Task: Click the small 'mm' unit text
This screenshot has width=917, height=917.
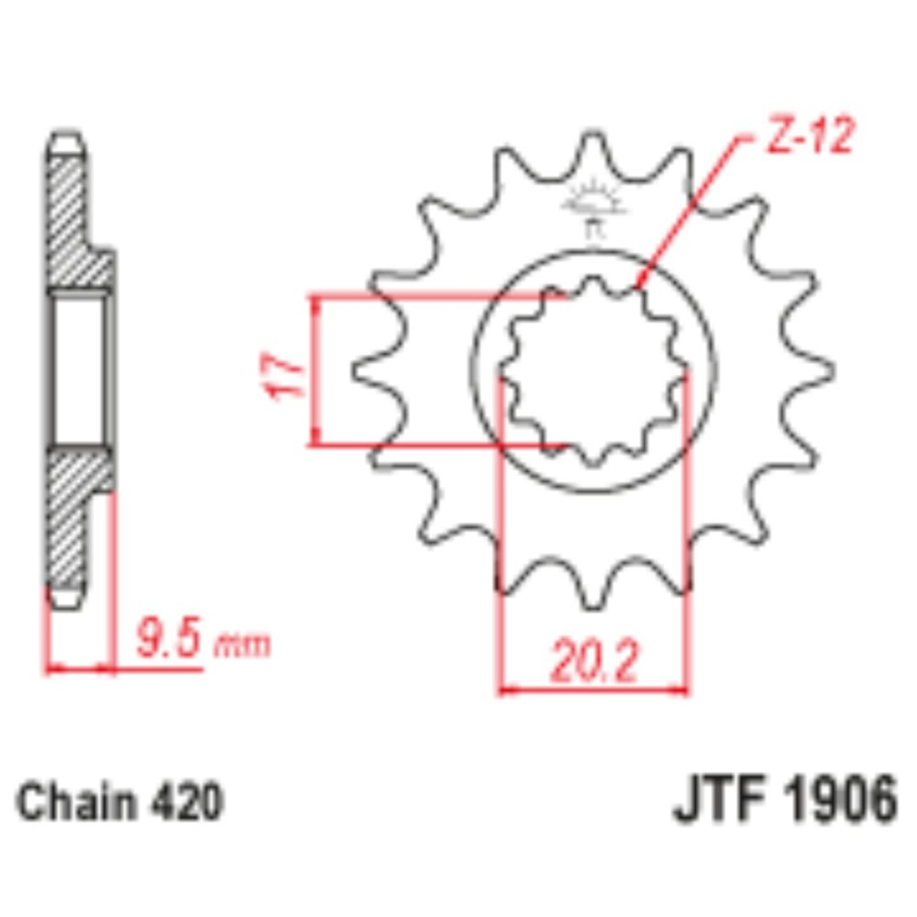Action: (x=242, y=645)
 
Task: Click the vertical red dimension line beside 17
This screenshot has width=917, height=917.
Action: (x=315, y=370)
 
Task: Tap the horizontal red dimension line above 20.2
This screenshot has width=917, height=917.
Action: (x=593, y=688)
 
